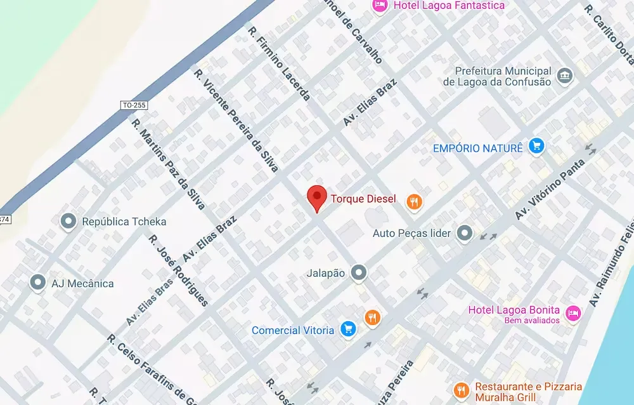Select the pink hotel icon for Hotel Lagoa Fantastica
point(380,6)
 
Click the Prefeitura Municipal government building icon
point(564,77)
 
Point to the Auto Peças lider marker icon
point(465,233)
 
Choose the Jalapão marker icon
point(359,273)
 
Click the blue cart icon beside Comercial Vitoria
point(347,329)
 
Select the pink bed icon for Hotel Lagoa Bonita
point(573,314)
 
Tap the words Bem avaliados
point(532,321)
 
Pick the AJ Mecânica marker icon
point(38,283)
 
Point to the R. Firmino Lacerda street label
point(280,63)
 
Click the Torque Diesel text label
point(363,199)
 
